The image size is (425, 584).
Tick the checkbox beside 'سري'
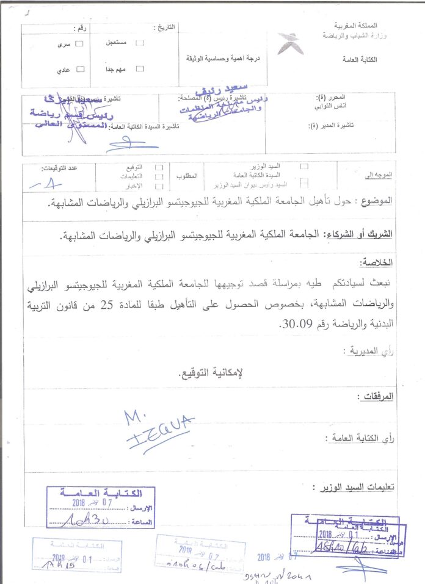coord(79,44)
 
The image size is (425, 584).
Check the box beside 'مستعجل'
coord(140,43)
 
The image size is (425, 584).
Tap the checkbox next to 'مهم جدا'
coord(140,69)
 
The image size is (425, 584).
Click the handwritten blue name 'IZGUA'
coord(159,425)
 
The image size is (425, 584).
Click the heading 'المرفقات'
coord(375,397)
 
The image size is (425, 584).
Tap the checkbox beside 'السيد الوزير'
coord(303,166)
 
